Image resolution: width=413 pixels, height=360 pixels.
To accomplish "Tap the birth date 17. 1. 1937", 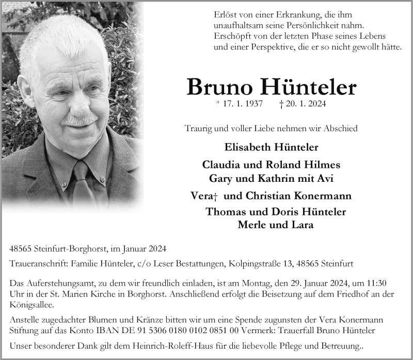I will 244,104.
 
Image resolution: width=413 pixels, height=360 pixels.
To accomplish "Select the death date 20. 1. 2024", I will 306,104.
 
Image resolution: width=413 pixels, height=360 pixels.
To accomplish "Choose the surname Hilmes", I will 323,165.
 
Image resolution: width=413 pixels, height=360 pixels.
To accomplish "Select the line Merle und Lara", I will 275,225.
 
